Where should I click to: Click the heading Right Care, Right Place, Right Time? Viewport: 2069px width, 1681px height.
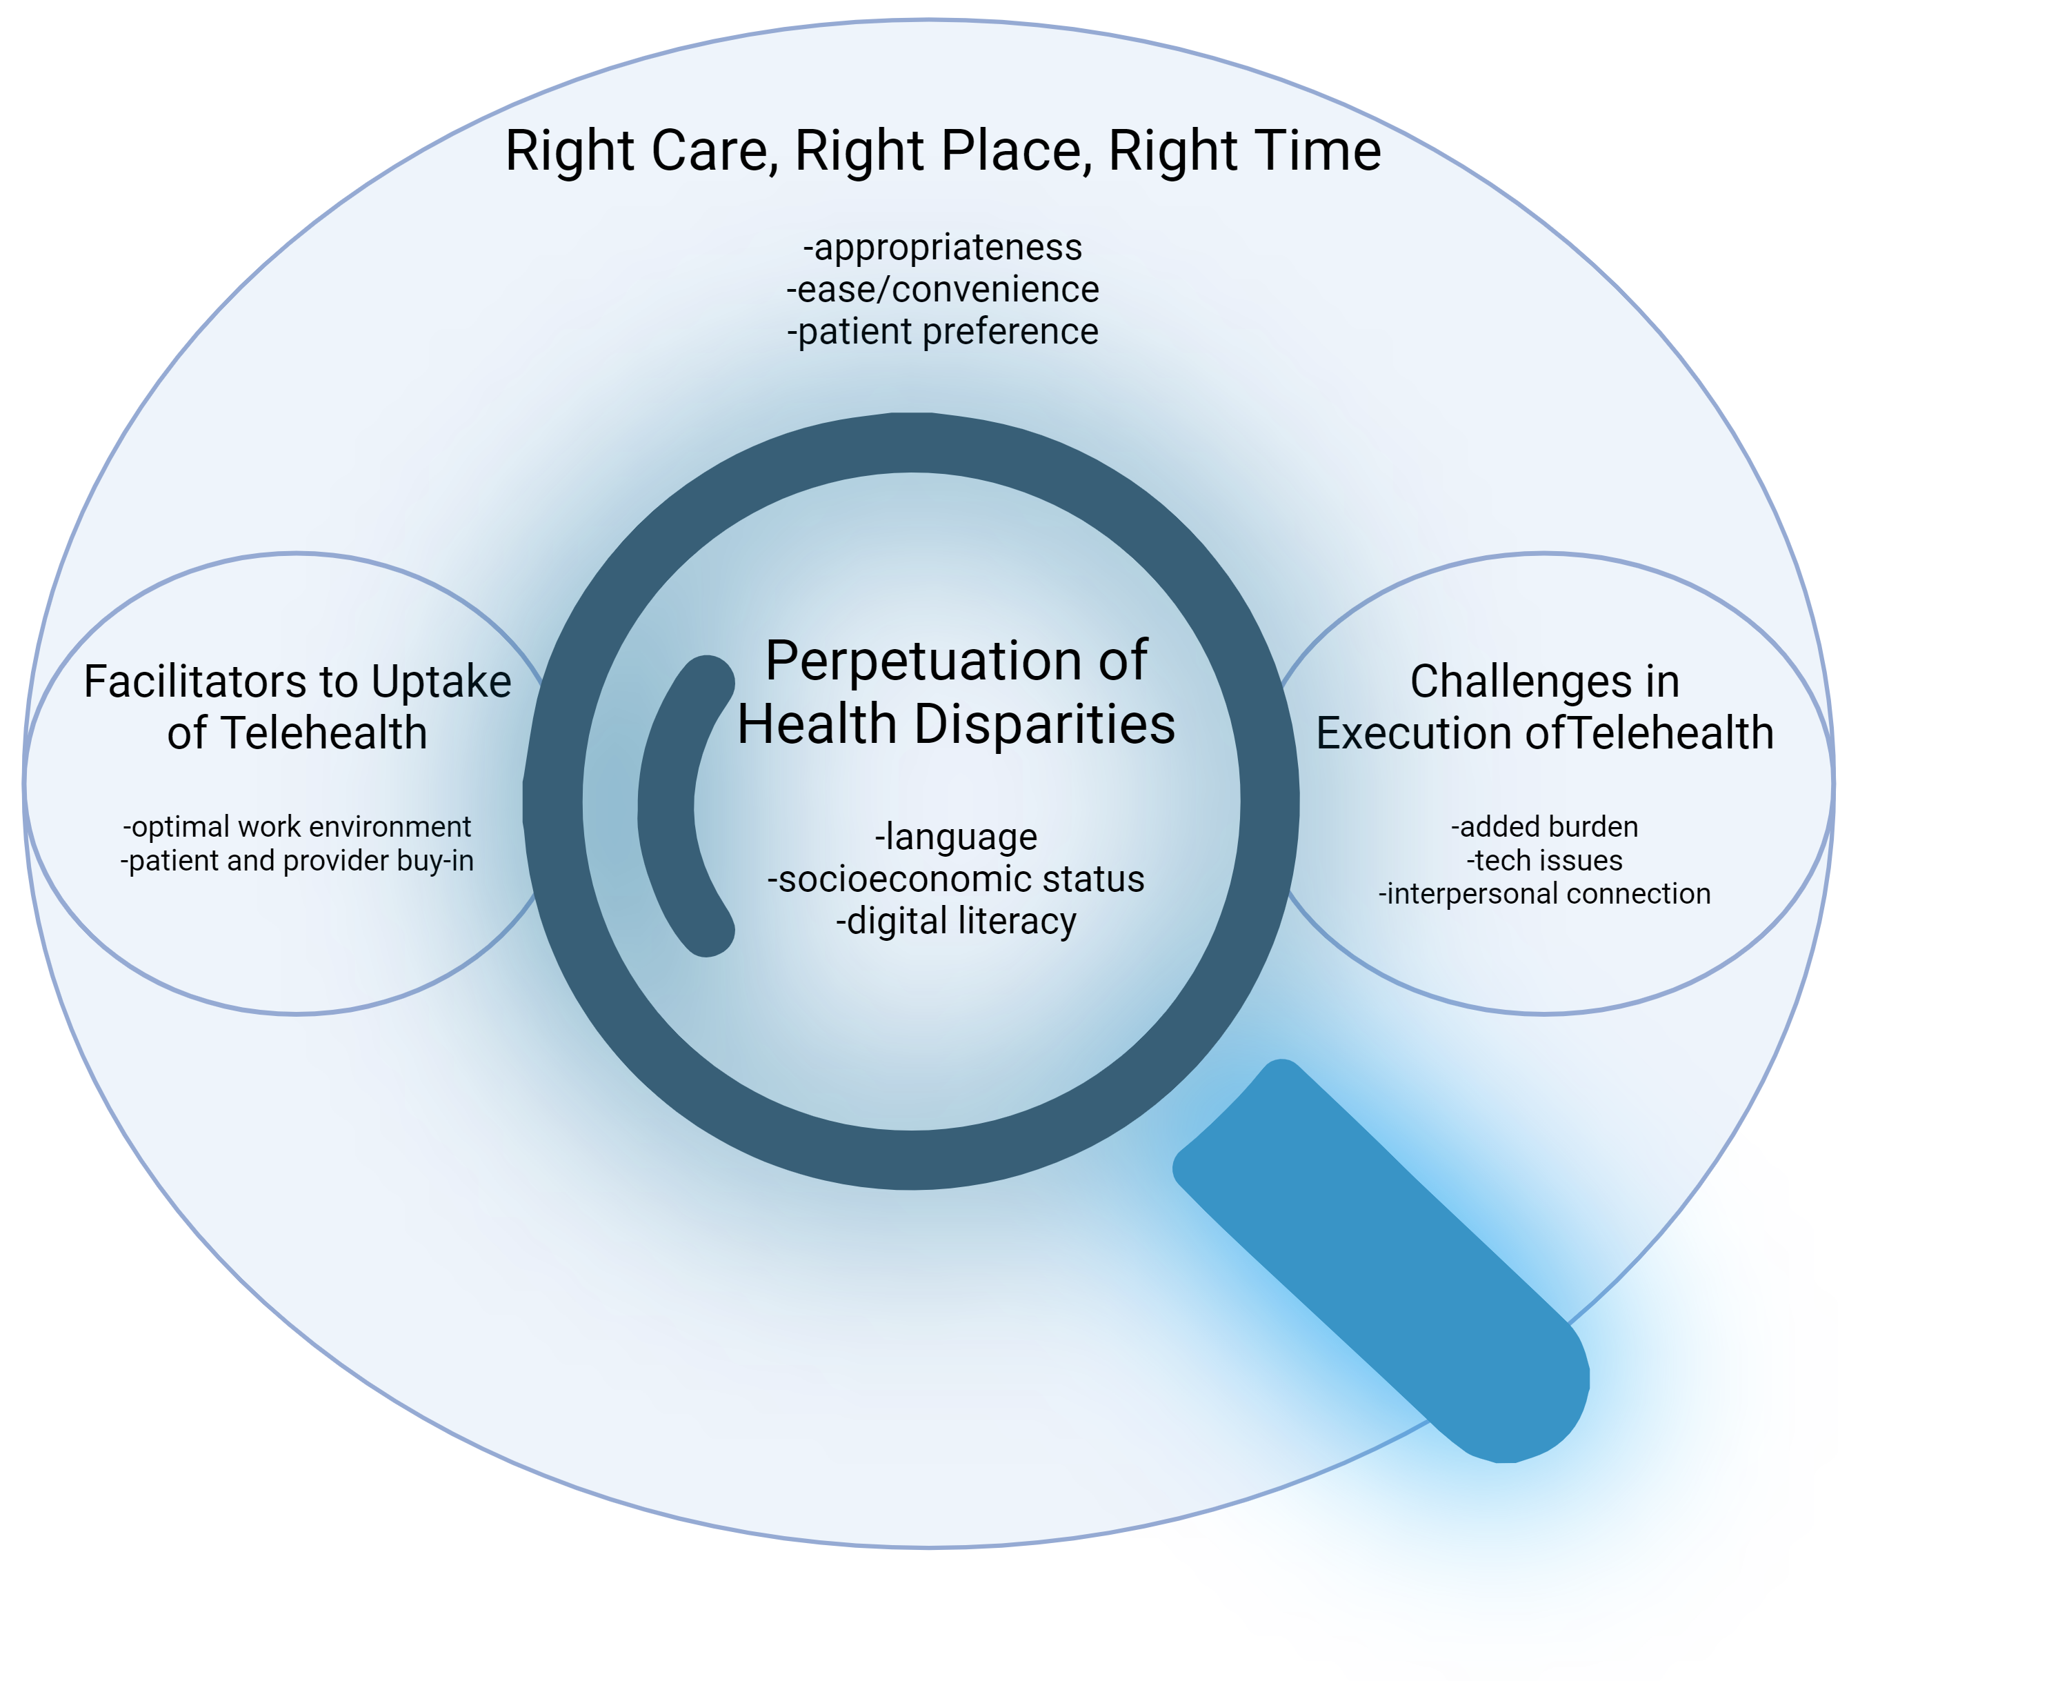(943, 151)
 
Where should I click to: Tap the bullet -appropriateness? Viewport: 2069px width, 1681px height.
(943, 248)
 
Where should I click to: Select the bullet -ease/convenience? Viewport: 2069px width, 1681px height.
(943, 290)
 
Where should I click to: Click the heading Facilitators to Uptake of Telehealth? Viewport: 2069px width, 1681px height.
(297, 707)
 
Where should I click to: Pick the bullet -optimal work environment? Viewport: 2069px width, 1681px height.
(297, 827)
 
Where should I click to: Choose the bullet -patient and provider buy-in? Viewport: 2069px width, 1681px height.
(297, 861)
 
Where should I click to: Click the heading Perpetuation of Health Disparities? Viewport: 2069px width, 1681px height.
(957, 691)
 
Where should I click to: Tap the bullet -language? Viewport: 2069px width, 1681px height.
(957, 837)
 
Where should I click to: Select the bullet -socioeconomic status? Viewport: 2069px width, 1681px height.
(957, 879)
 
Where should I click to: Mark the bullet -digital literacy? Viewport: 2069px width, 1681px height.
(957, 921)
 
